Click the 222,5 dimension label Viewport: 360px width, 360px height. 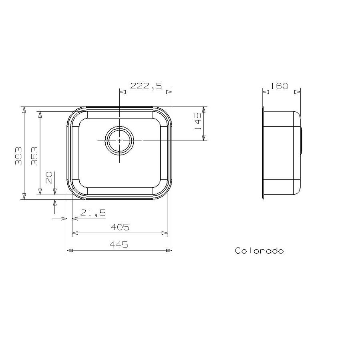(146, 85)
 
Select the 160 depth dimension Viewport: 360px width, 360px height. (280, 86)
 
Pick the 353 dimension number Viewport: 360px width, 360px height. (34, 156)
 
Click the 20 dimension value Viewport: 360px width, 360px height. (49, 177)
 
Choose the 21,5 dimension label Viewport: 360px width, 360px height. (93, 213)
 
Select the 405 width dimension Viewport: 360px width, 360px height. (120, 227)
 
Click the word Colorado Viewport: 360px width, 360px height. (259, 251)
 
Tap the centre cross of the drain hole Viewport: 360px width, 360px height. (119, 141)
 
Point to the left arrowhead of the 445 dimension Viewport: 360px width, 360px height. (69, 251)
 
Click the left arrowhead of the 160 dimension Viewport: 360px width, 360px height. (265, 92)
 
